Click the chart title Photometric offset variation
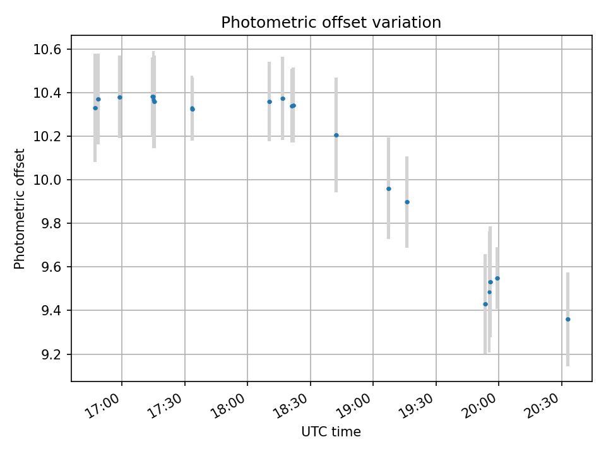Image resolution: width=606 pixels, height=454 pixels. pos(331,23)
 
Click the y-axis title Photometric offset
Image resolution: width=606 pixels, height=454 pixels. pos(20,209)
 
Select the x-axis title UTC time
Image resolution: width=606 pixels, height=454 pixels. pos(331,432)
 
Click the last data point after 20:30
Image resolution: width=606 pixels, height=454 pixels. pos(568,319)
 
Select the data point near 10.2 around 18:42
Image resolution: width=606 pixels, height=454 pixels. pos(336,135)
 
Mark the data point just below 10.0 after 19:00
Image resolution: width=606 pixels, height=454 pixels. pos(389,189)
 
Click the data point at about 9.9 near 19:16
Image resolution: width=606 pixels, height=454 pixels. pos(407,202)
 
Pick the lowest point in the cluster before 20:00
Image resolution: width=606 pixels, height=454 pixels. pos(485,304)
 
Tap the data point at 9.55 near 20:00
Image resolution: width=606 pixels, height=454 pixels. pos(497,278)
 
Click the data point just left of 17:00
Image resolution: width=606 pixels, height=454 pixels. pos(120,97)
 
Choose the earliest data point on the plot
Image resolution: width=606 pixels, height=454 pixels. pos(95,108)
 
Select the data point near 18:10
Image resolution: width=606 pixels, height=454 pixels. pos(270,102)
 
